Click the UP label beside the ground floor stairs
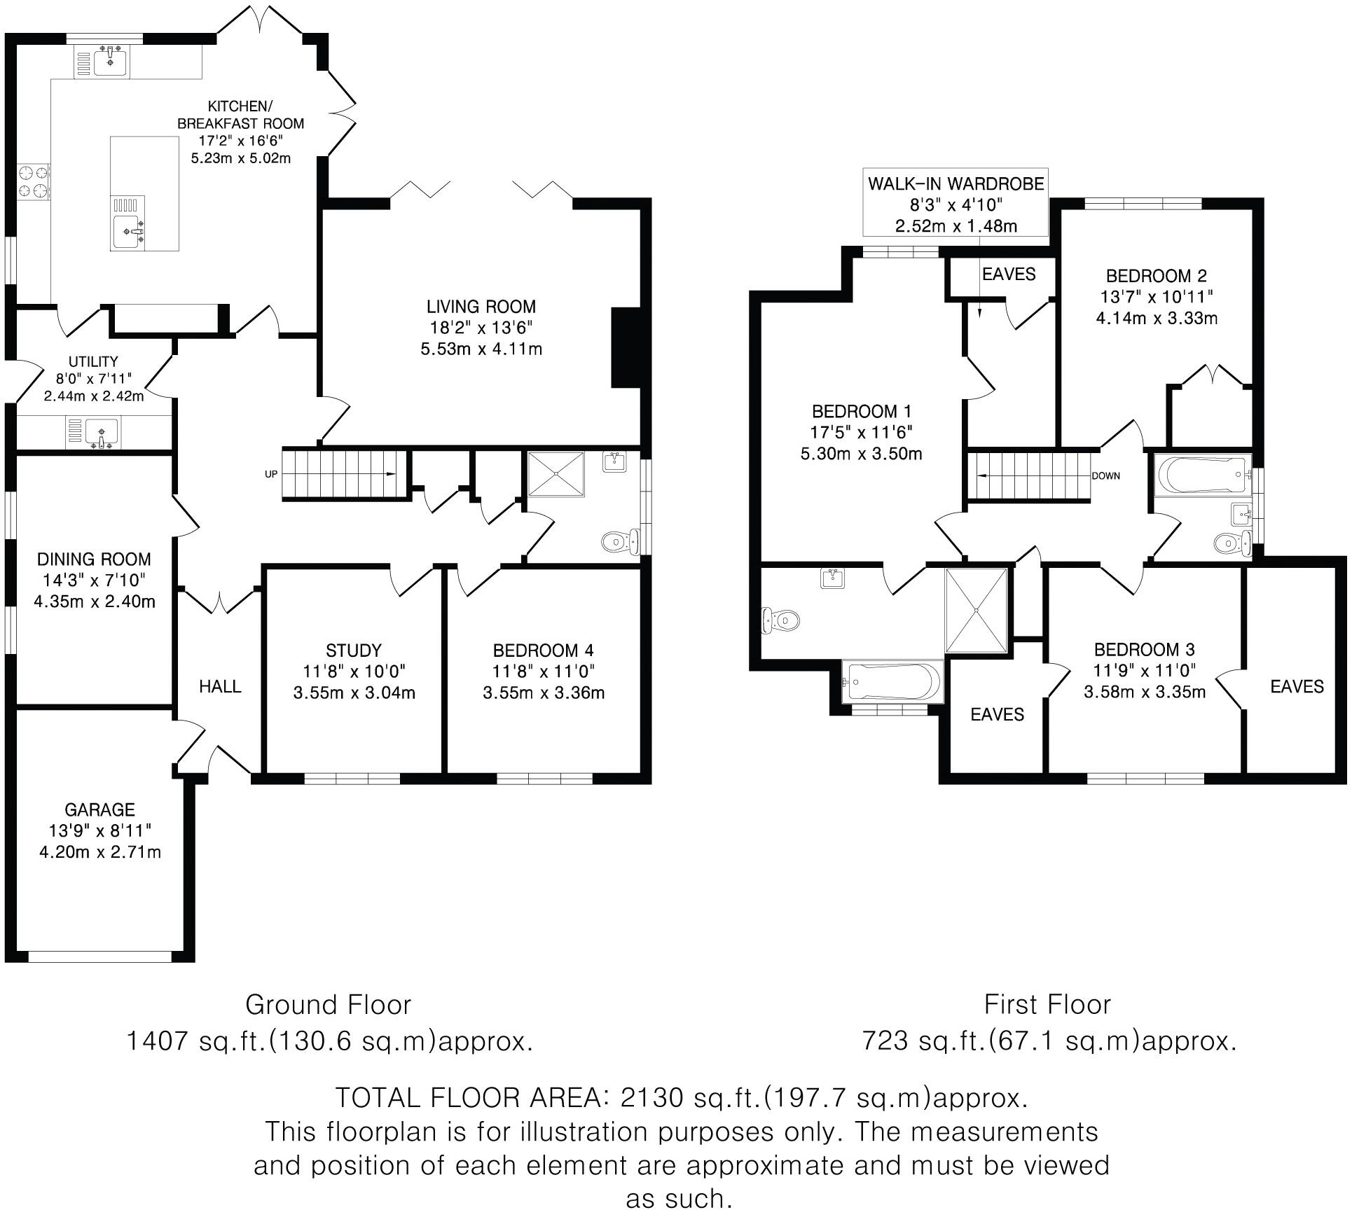click(x=270, y=474)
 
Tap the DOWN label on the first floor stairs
click(x=1105, y=475)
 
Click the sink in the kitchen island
click(x=129, y=229)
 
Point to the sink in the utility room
click(x=103, y=431)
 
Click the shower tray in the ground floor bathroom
click(x=556, y=474)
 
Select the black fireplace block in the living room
click(x=622, y=347)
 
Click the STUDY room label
click(x=354, y=650)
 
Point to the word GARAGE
click(x=99, y=809)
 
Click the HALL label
click(x=220, y=686)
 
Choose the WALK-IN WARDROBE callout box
click(x=956, y=204)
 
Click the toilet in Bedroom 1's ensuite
click(x=780, y=619)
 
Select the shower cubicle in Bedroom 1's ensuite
click(x=977, y=611)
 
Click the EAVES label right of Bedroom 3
click(x=1297, y=686)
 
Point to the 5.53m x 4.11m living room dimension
click(x=481, y=349)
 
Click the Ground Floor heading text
click(x=328, y=1004)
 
